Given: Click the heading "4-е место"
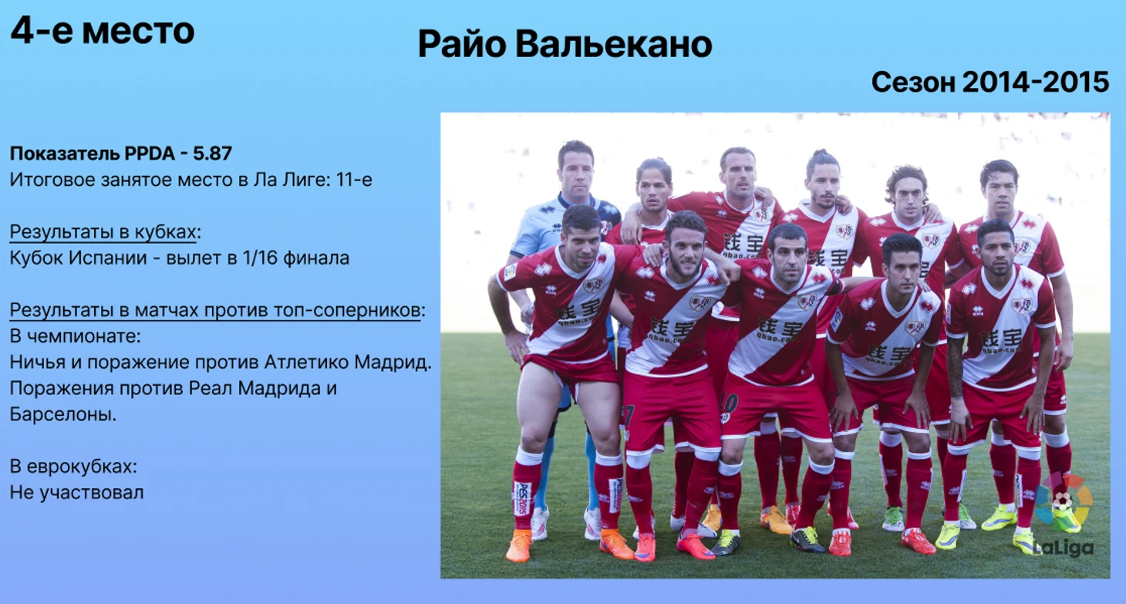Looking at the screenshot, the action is click(x=103, y=31).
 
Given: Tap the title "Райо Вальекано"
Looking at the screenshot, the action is click(x=565, y=44).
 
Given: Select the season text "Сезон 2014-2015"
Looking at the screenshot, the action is click(x=989, y=82).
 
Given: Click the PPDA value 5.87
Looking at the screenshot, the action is click(x=213, y=154).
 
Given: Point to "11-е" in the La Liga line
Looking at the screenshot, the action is click(x=355, y=180).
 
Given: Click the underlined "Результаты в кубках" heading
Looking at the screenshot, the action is click(x=103, y=232).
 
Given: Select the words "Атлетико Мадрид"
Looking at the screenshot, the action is click(x=346, y=362).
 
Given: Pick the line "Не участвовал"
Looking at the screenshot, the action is click(x=76, y=492).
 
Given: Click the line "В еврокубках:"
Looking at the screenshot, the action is click(x=73, y=467).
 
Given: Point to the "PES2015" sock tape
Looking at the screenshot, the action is click(x=522, y=498).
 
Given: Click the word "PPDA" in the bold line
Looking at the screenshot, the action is click(x=150, y=154).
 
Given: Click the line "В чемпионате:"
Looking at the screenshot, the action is click(x=76, y=336).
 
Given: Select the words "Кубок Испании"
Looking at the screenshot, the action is click(x=79, y=258).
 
